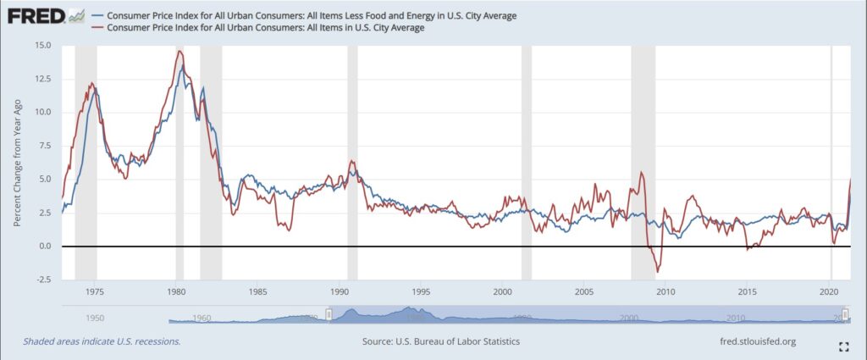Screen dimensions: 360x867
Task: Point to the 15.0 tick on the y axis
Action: pos(41,45)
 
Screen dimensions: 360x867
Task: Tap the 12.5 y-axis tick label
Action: pos(41,79)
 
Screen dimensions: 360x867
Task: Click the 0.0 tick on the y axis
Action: pos(44,246)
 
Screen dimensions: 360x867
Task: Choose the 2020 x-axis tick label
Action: pos(829,291)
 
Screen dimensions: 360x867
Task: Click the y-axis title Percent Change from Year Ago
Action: pos(18,162)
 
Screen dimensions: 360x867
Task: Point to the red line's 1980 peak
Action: pos(179,52)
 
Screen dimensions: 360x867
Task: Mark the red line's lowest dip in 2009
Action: pos(658,272)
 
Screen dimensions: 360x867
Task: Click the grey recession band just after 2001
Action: pos(526,162)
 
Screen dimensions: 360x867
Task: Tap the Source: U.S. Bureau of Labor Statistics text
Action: pos(440,341)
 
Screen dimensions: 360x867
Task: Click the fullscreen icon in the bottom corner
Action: pos(843,346)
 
